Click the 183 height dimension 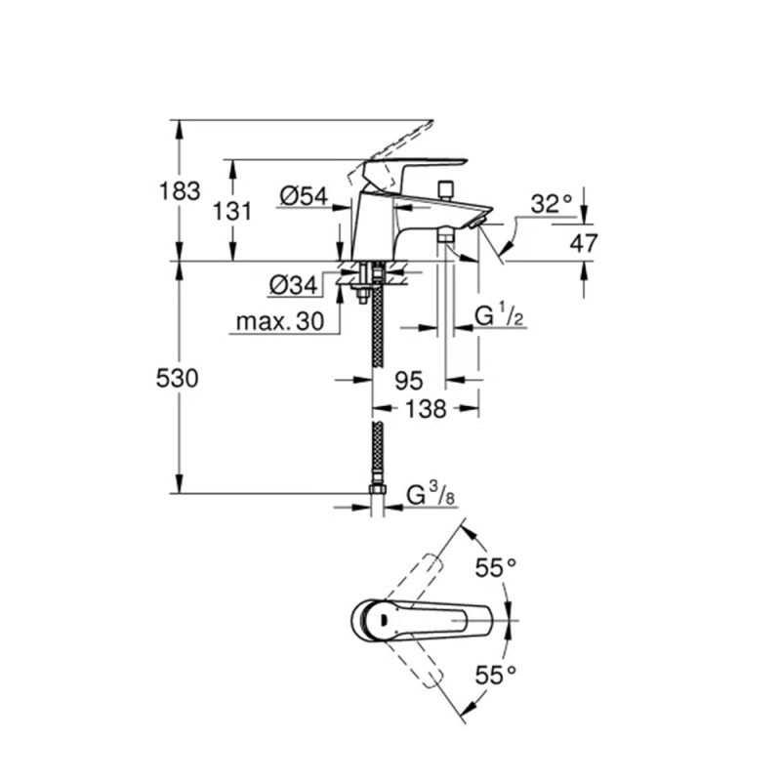tap(180, 190)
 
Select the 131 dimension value tap(233, 211)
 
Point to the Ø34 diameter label tap(292, 286)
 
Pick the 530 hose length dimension tap(180, 378)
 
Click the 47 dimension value tap(584, 243)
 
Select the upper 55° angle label tap(496, 566)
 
